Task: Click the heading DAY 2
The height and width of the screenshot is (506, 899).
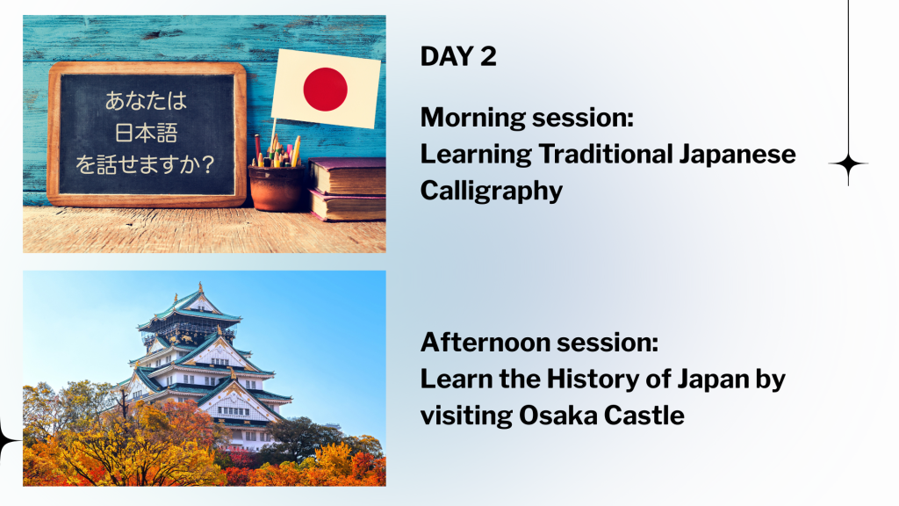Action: (458, 56)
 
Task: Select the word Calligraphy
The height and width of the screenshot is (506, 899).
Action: (492, 192)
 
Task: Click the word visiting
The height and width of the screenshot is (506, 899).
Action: (466, 416)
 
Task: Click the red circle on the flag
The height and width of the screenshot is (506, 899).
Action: (325, 89)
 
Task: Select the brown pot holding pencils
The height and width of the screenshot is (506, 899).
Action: (277, 187)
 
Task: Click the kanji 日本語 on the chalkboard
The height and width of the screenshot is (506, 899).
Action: (147, 134)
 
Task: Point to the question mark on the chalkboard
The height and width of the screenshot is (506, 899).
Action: (208, 164)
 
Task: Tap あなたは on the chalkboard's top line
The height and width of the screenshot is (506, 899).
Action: (147, 101)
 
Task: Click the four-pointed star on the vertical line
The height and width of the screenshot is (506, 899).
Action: (848, 163)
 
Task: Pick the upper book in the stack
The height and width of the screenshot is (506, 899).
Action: (347, 176)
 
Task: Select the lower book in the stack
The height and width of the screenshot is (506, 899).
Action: (348, 206)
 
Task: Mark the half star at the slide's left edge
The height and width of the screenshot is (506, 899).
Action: (8, 441)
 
